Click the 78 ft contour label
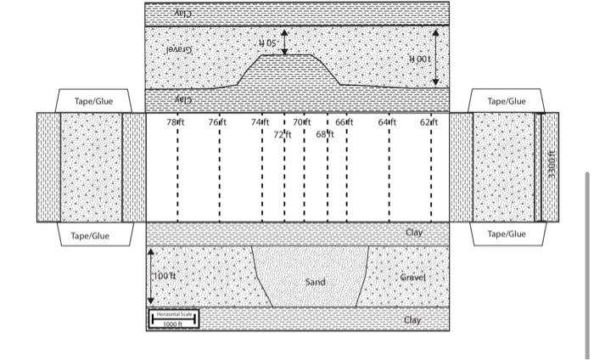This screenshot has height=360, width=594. point(176,123)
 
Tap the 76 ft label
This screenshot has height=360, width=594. point(218,123)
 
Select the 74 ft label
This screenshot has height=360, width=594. point(260,123)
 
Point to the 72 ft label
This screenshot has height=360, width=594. point(282,134)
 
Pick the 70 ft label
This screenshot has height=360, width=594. point(302,123)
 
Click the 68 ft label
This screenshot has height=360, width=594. point(326,134)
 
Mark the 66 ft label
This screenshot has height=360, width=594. point(344,123)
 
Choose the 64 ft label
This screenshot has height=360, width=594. point(387,123)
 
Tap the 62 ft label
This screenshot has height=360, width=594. point(429,123)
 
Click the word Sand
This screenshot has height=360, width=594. point(315,281)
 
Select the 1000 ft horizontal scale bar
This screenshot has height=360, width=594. point(174,319)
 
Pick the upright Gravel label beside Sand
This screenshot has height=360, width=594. point(412,278)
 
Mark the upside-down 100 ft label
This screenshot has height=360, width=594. point(421,59)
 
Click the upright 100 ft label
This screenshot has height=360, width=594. point(165,276)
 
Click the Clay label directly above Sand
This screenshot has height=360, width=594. point(413,232)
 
